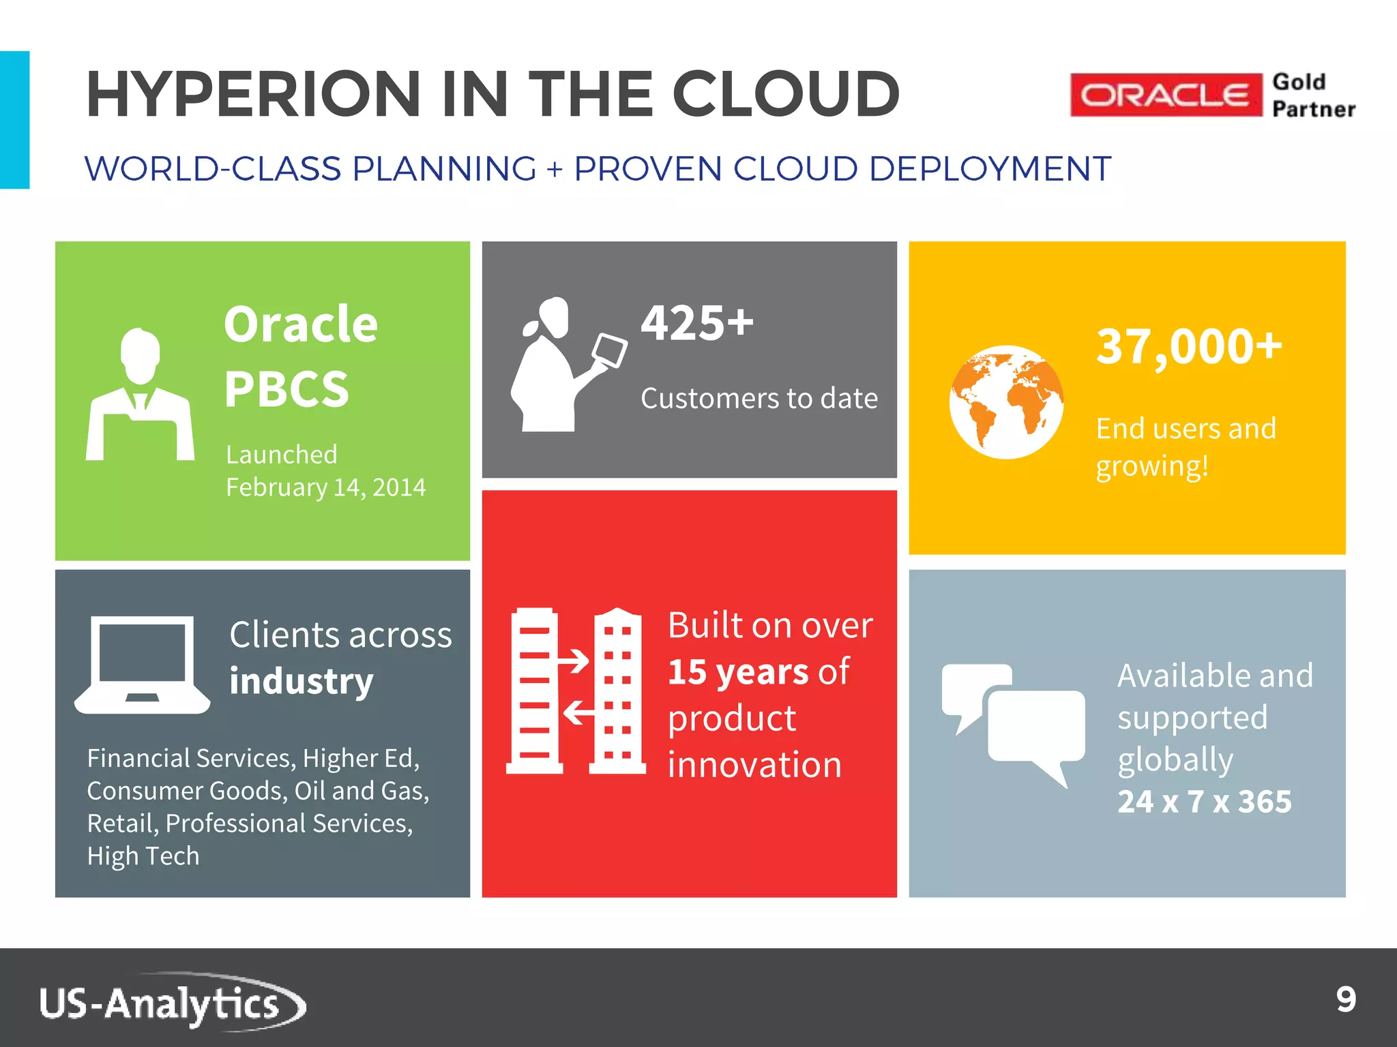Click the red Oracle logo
tap(1166, 95)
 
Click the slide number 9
tap(1345, 1000)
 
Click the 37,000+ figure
tap(1189, 346)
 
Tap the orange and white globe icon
tap(1006, 402)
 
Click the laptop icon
tap(142, 665)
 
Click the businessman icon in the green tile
tap(140, 395)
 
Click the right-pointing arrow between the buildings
tap(573, 661)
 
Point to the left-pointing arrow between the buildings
tap(578, 713)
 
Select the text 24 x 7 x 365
tap(1204, 802)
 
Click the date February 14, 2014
tap(325, 487)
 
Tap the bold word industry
tap(301, 681)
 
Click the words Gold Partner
tap(1313, 95)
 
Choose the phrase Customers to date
tap(759, 398)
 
